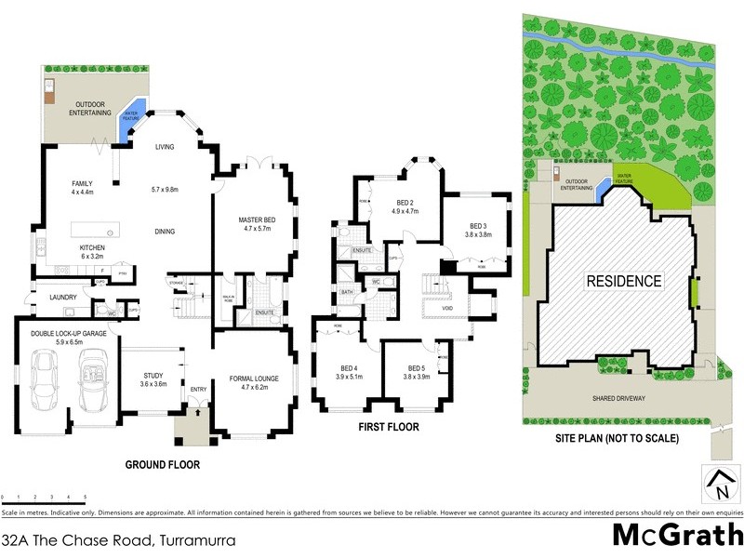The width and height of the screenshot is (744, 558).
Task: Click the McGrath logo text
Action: tap(676, 536)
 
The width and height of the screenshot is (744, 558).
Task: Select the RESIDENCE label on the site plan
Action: tap(623, 281)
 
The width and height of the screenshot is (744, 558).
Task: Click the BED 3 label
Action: tap(478, 226)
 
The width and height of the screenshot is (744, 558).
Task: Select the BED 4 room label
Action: tap(351, 371)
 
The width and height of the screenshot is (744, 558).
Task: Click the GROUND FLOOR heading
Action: tap(165, 464)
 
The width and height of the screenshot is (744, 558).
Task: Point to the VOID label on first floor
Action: tap(446, 307)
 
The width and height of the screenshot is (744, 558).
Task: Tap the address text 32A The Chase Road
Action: tap(117, 538)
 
